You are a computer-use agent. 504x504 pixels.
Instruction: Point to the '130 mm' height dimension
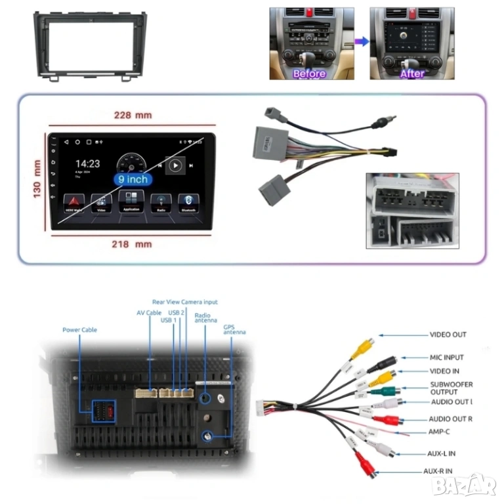point(37,178)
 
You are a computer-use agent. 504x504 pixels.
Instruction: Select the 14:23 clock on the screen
point(87,163)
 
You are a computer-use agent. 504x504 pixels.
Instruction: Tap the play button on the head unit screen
point(175,166)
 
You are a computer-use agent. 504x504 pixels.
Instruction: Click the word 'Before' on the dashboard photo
point(309,74)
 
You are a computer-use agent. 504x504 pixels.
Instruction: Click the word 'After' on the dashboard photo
point(412,74)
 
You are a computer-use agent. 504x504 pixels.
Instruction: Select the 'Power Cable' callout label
point(79,329)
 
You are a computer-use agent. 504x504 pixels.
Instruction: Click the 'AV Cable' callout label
point(149,313)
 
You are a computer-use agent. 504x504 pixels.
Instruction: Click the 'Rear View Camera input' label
point(184,302)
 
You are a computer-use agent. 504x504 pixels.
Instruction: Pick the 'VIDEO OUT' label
point(448,335)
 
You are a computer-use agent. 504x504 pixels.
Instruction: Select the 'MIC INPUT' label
point(446,358)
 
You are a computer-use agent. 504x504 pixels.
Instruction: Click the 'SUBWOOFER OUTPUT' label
point(451,388)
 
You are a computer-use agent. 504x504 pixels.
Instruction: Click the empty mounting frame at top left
point(89,46)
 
